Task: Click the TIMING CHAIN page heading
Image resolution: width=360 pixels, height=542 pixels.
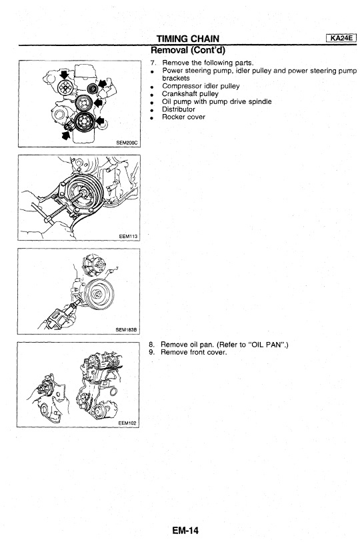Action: (188, 39)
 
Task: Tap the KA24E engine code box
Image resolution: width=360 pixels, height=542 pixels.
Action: (341, 38)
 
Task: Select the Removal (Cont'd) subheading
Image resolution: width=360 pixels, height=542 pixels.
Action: (188, 51)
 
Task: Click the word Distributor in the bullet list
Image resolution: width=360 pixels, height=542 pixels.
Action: (179, 109)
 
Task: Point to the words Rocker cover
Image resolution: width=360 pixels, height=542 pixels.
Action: (183, 117)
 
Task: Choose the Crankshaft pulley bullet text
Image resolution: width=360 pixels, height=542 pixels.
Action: (190, 94)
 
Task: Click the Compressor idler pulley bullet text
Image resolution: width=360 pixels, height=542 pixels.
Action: (201, 86)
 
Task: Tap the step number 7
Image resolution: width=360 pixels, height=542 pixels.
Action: (153, 63)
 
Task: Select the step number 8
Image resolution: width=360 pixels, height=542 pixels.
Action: (151, 345)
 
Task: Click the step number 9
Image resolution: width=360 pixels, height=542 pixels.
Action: (151, 352)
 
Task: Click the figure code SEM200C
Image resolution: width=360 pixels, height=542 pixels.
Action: (127, 143)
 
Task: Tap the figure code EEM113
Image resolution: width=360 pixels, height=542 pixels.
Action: (128, 237)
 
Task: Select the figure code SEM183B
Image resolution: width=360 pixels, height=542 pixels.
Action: (126, 330)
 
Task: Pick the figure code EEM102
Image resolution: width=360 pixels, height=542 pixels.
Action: (127, 423)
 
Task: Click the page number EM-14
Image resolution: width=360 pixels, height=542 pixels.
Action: (185, 530)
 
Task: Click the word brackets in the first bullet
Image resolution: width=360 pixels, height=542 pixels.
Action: (176, 79)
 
